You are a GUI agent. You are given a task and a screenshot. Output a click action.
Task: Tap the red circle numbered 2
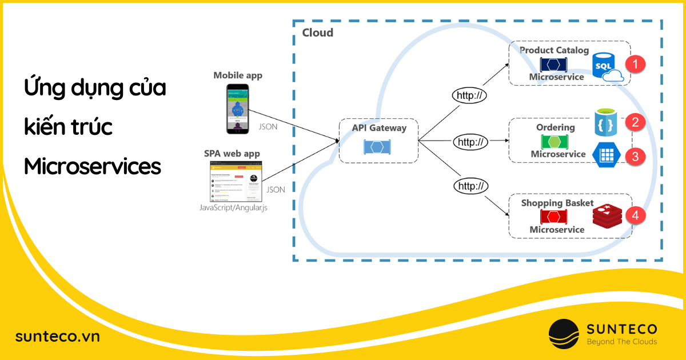pyautogui.click(x=635, y=122)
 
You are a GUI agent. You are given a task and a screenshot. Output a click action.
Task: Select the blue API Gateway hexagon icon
pyautogui.click(x=377, y=147)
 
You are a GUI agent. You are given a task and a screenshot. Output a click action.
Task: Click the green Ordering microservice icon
pyautogui.click(x=554, y=142)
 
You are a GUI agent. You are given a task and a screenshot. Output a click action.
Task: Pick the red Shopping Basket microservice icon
pyautogui.click(x=553, y=217)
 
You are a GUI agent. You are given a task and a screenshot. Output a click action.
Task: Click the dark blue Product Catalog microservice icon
pyautogui.click(x=553, y=64)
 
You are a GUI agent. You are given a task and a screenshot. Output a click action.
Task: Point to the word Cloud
pyautogui.click(x=317, y=33)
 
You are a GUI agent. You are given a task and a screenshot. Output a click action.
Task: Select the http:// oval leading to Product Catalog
pyautogui.click(x=469, y=95)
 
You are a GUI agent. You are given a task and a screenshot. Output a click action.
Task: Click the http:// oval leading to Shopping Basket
pyautogui.click(x=470, y=185)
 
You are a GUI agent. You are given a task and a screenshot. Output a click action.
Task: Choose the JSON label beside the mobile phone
pyautogui.click(x=268, y=127)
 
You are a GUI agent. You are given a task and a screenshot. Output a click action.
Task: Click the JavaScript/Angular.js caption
pyautogui.click(x=233, y=208)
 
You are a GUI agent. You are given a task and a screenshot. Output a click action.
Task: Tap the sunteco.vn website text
pyautogui.click(x=57, y=337)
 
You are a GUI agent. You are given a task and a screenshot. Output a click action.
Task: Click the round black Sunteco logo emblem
pyautogui.click(x=564, y=334)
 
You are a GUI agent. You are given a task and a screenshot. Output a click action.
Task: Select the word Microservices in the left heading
pyautogui.click(x=93, y=166)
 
